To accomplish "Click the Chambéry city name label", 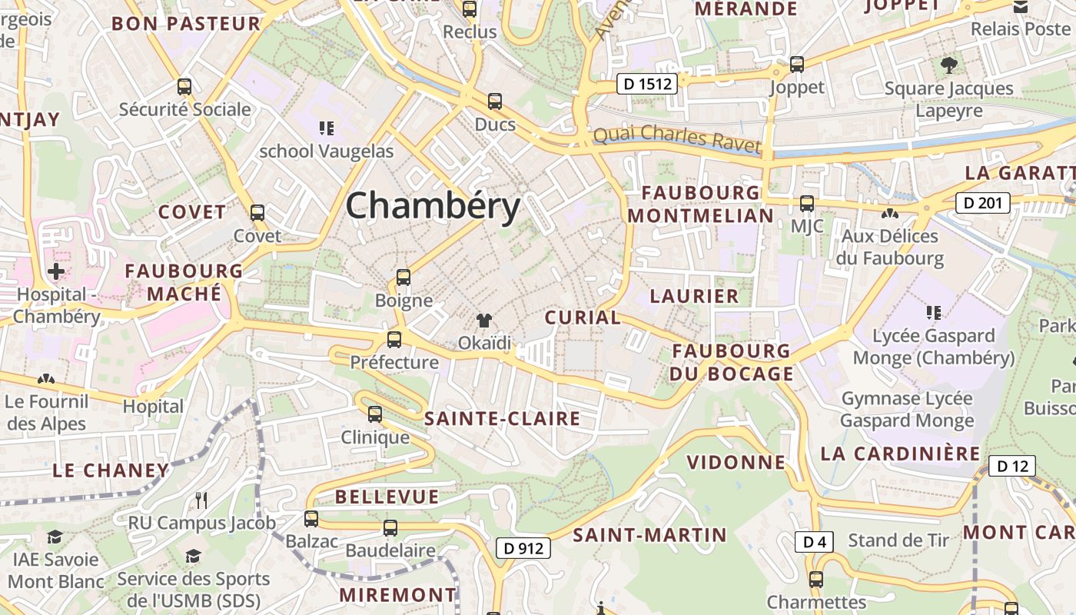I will [433, 206].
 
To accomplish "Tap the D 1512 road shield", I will [646, 84].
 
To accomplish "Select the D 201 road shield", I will [982, 203].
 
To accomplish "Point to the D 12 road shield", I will [1011, 466].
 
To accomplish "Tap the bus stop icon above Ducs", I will [495, 101].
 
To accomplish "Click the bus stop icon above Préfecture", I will [394, 339].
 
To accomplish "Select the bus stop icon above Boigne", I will [403, 278].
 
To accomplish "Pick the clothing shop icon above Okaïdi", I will [484, 320].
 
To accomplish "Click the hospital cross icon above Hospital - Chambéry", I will [56, 271].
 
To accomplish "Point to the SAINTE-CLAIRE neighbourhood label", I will [502, 419].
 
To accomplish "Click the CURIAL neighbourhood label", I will [583, 317].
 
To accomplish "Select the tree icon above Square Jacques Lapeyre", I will [948, 65].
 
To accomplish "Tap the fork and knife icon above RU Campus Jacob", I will [201, 500].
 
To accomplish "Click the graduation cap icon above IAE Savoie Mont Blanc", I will [55, 537].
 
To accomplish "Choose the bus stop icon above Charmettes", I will [816, 580].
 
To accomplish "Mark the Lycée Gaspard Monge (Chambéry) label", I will [934, 347].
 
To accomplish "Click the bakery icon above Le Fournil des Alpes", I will [46, 379].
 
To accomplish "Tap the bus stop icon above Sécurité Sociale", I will [184, 86].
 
